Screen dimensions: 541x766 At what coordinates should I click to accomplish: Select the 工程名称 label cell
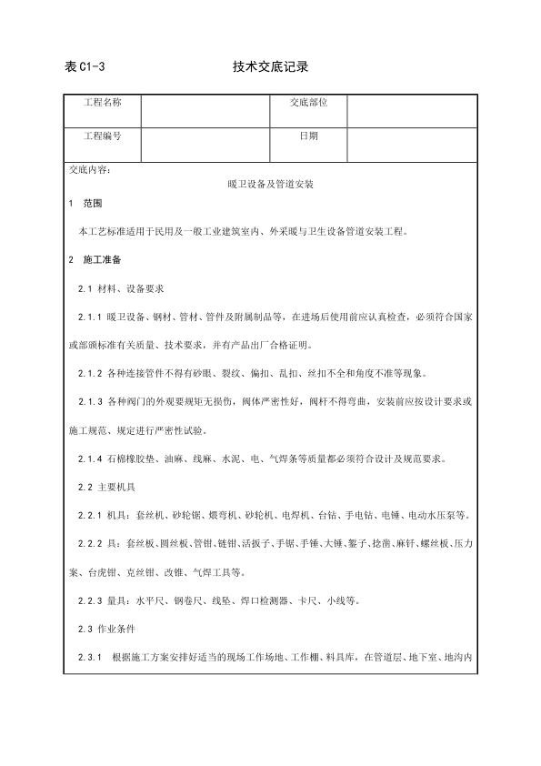tap(103, 103)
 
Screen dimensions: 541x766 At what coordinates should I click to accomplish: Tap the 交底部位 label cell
tap(309, 103)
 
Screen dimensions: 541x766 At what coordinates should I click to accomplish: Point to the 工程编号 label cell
tap(103, 136)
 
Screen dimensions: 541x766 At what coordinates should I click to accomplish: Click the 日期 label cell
tap(309, 136)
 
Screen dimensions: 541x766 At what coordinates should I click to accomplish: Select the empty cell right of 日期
tap(412, 142)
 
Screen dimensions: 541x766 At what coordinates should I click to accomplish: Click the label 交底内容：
tap(90, 168)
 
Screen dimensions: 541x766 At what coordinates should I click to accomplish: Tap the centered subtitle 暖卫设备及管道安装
tap(270, 184)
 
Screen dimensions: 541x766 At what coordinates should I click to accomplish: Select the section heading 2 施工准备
tap(95, 260)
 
